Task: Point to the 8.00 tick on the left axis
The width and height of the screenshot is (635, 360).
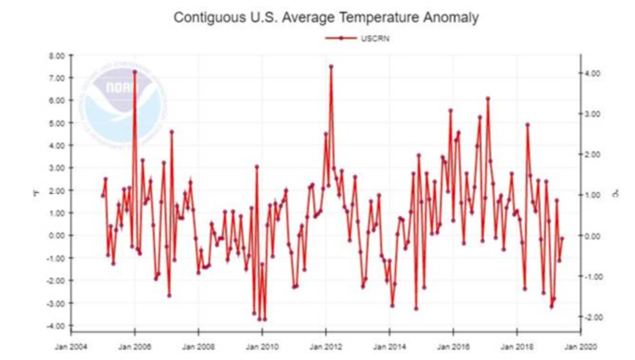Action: point(56,55)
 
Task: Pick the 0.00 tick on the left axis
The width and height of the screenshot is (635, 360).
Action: point(56,235)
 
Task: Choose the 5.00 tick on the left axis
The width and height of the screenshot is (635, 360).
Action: point(56,123)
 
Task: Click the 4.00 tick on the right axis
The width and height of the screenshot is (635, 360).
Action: point(592,74)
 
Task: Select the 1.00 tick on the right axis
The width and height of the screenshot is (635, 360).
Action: point(592,195)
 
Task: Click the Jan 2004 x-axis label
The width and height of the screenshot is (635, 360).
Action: point(71,346)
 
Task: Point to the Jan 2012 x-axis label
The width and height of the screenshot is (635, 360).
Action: point(326,346)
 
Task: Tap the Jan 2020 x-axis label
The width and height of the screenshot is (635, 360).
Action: point(580,346)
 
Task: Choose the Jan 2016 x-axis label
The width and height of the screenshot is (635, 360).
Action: point(453,346)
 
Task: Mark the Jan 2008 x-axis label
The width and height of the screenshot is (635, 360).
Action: point(198,346)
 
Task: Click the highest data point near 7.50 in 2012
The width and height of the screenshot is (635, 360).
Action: point(331,66)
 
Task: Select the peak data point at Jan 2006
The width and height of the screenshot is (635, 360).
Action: point(135,71)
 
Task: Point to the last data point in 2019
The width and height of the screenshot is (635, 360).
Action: point(562,239)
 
